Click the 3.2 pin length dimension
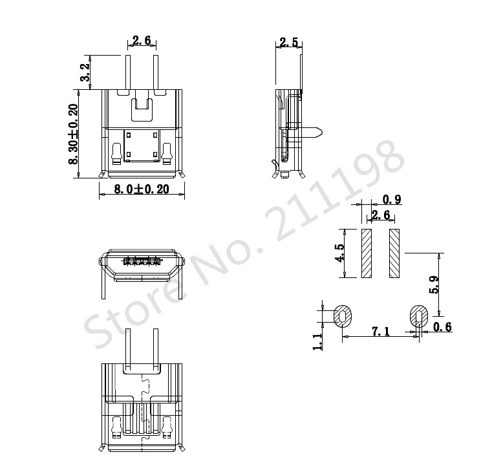85,72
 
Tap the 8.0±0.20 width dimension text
142,189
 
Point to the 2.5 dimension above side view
288,43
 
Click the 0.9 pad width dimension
392,200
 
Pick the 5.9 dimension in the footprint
434,284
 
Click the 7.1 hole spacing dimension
381,331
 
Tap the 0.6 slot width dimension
442,327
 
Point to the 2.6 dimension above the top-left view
142,41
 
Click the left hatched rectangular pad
367,253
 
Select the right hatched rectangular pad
395,253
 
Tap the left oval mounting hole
343,317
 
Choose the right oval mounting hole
420,317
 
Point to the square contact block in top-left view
142,145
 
